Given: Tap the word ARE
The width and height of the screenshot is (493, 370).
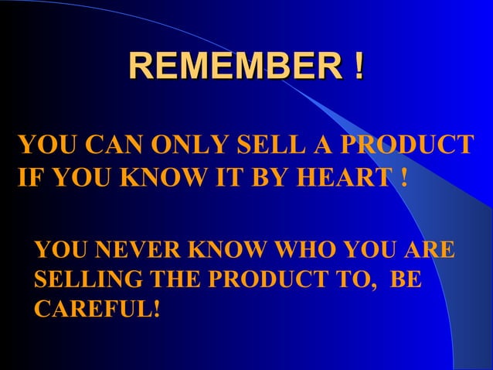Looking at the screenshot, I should coord(428,252).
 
